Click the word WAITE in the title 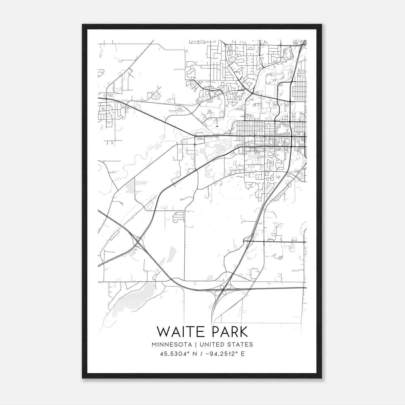(178, 332)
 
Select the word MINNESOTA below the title (173, 345)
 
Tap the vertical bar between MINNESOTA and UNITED (197, 345)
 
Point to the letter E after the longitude (243, 354)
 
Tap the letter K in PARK (243, 332)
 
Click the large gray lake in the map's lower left (132, 299)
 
